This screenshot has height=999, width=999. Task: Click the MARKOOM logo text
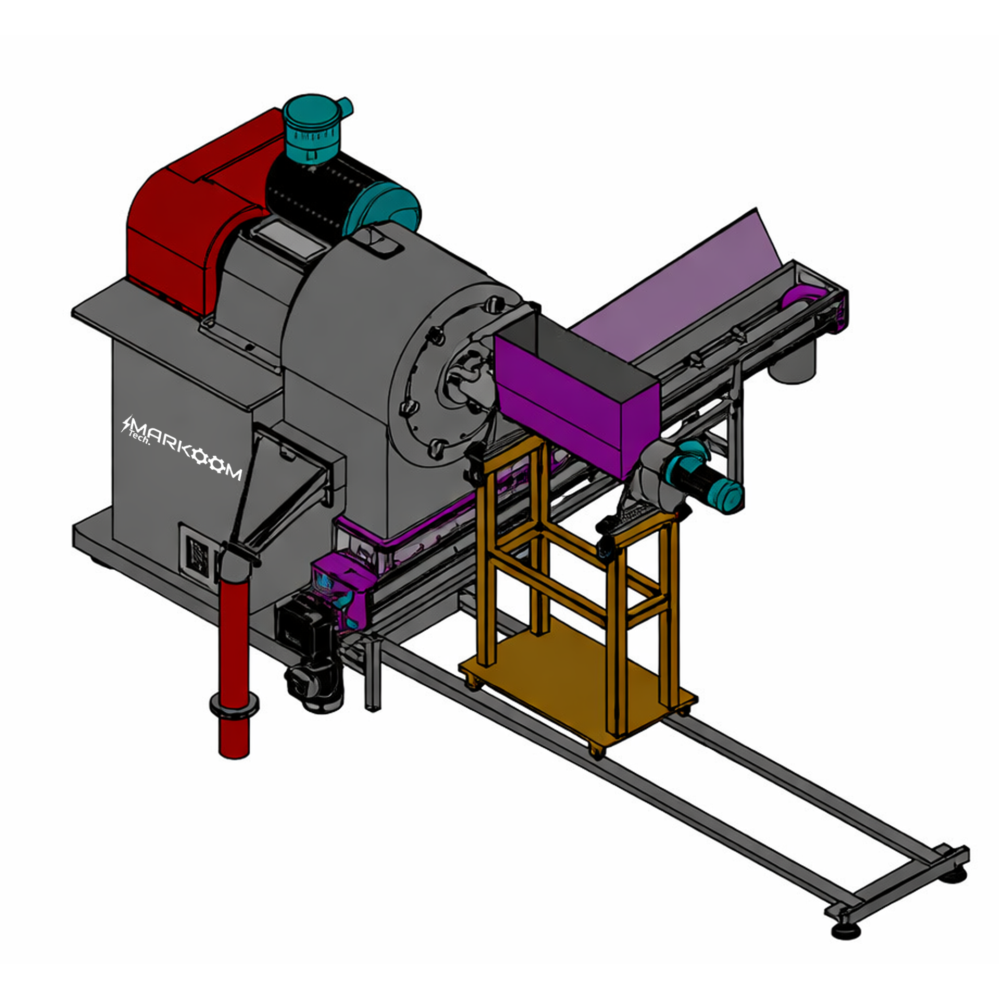(182, 448)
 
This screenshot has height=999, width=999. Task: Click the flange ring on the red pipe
(234, 705)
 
